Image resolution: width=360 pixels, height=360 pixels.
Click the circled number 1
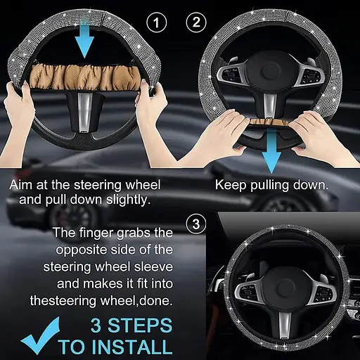coord(156,22)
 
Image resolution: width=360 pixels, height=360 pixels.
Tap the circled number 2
coord(196,22)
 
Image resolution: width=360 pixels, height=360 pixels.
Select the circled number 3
coord(196,224)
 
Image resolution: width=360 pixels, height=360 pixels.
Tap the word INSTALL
coord(115,347)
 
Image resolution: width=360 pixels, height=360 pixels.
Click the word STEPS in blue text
coord(140,326)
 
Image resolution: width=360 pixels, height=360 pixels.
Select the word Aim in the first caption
coord(20,185)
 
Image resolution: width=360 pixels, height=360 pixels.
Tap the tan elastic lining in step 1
coord(85,75)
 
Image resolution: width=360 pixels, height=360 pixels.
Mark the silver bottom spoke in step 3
coord(285,325)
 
